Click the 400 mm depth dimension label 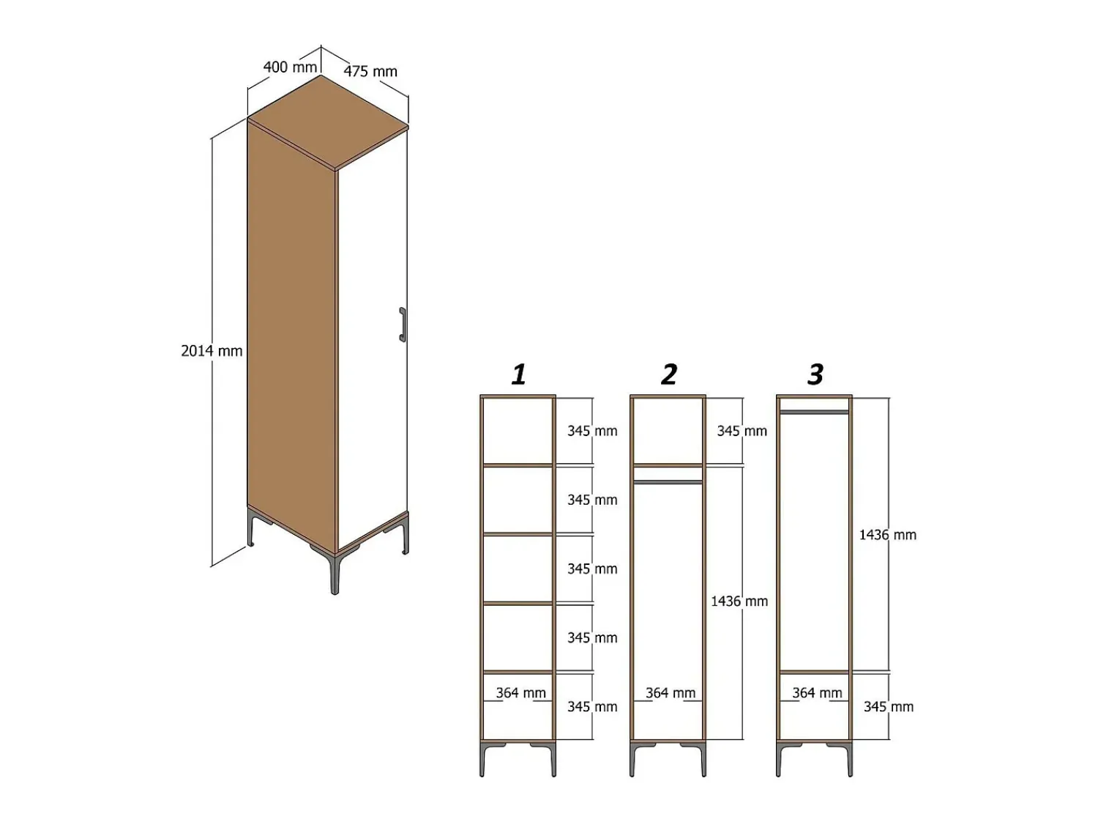(290, 67)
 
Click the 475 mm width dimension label (370, 72)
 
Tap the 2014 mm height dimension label (212, 351)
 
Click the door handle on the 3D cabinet (402, 325)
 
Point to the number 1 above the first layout (519, 374)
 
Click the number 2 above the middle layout (669, 374)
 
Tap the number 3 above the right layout (815, 374)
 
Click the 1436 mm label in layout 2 (739, 602)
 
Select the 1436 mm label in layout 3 (887, 535)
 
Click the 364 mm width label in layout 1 (520, 693)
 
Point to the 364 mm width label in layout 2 (671, 693)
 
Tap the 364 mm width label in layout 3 (817, 693)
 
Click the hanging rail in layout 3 (815, 412)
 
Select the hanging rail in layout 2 (668, 482)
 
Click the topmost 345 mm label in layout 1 (592, 431)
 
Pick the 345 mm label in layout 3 (889, 707)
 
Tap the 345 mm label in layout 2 (742, 431)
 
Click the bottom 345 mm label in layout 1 (592, 707)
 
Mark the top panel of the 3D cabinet (328, 122)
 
